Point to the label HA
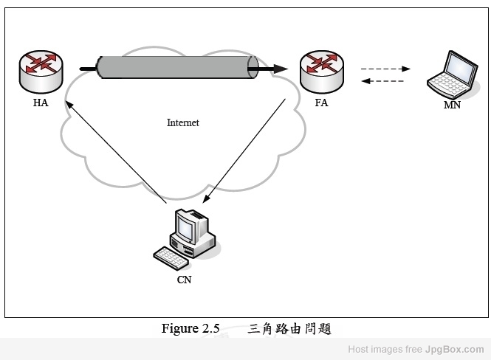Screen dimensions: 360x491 point(41,103)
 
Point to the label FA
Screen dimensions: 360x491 point(321,103)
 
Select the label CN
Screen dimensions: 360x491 point(184,280)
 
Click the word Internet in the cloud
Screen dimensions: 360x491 point(182,123)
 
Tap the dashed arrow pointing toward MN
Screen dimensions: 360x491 point(385,69)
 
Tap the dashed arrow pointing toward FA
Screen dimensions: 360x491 point(385,81)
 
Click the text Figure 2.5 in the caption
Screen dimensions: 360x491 point(190,329)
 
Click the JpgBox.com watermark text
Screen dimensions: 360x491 point(455,349)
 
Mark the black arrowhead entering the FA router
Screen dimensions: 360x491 point(282,69)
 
